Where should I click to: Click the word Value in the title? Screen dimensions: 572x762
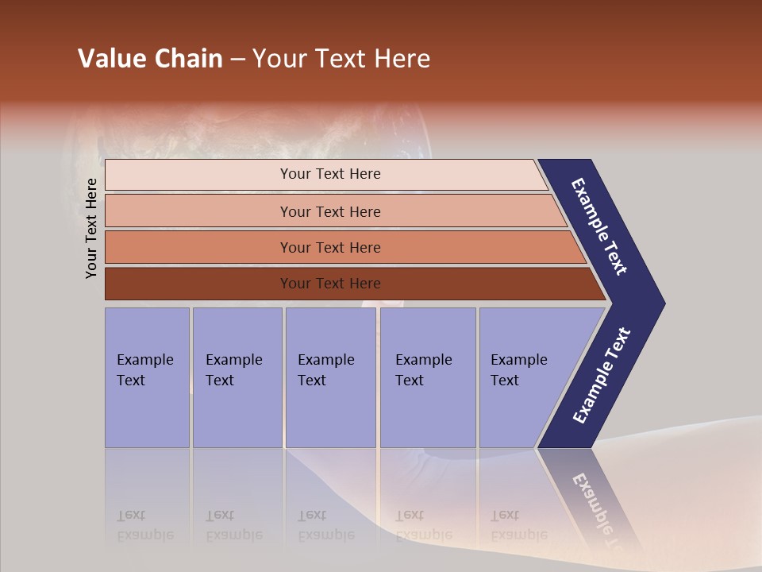(x=110, y=59)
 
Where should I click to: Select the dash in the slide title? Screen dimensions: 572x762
(x=237, y=60)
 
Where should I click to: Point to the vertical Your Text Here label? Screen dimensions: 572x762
(x=91, y=228)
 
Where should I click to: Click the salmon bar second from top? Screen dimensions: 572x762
(x=329, y=211)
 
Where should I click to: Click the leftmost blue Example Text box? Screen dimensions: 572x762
(x=147, y=377)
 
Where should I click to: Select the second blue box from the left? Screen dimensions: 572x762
(x=237, y=377)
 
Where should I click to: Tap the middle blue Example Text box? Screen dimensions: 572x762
(x=330, y=377)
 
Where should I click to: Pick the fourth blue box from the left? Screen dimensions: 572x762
(x=427, y=377)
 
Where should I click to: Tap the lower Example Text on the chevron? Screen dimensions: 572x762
(x=602, y=376)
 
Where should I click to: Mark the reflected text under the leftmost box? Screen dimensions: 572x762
(x=144, y=525)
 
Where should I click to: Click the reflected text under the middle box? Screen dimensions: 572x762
(x=325, y=525)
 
